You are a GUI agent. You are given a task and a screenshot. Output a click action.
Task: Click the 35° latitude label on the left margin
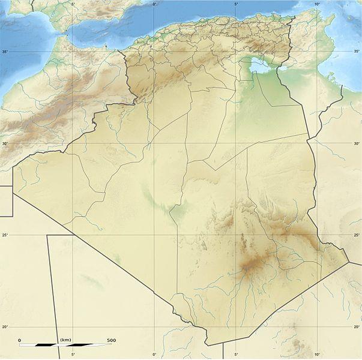[x=4, y=52]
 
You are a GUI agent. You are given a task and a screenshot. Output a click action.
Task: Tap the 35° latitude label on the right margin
[x=357, y=52]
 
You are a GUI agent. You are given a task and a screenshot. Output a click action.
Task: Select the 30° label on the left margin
[x=4, y=144]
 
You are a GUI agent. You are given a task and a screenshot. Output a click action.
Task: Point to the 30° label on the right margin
[x=357, y=144]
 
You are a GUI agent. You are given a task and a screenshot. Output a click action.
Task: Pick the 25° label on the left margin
[x=4, y=235]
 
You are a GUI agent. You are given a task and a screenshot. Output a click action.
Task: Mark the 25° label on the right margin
[x=357, y=235]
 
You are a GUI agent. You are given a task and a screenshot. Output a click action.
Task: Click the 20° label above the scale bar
[x=4, y=327]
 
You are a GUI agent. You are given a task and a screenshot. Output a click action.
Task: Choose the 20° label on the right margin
[x=357, y=327]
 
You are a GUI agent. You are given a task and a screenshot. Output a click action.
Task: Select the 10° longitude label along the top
[x=317, y=4]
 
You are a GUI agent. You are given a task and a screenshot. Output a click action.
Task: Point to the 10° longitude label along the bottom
[x=317, y=355]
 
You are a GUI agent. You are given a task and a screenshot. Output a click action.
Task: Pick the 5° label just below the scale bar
[x=73, y=355]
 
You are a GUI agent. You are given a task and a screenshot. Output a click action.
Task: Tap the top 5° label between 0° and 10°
[x=235, y=4]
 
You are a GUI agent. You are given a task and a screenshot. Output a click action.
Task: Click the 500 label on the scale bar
[x=111, y=340]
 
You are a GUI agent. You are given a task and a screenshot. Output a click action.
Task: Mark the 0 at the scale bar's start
[x=19, y=340]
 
